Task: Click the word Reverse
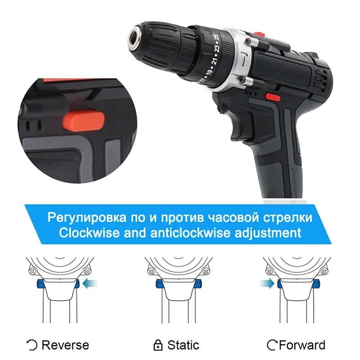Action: tap(65, 345)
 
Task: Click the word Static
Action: tap(183, 345)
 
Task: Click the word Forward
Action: tap(302, 345)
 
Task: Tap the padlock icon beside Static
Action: tap(157, 346)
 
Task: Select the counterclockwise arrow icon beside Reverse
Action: tap(33, 346)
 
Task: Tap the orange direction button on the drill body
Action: tap(271, 96)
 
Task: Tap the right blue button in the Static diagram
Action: tap(197, 283)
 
